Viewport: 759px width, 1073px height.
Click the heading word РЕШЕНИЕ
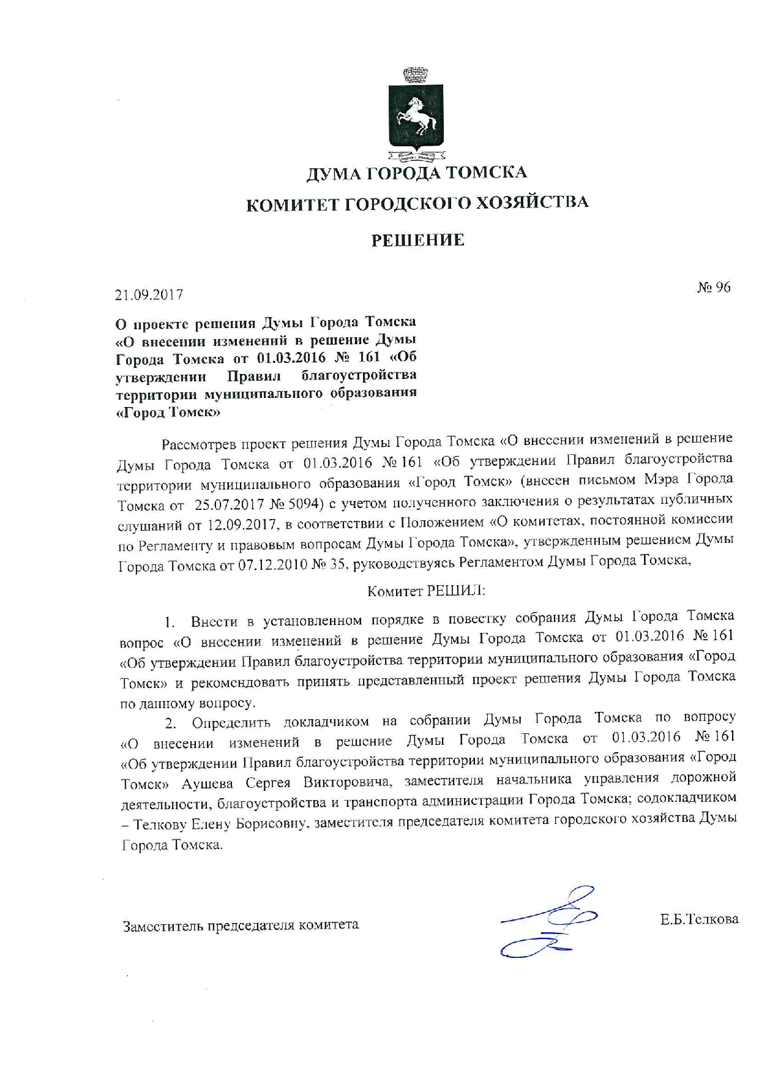pos(418,240)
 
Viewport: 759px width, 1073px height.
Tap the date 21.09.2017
pos(149,294)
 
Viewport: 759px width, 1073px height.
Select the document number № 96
pos(713,287)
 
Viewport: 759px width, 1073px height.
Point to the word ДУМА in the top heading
pos(333,174)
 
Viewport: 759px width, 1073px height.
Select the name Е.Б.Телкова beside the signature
pos(699,919)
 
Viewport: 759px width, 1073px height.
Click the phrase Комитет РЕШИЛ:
pos(426,591)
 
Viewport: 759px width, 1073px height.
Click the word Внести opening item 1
pos(214,622)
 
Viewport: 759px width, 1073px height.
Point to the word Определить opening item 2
pos(231,723)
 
